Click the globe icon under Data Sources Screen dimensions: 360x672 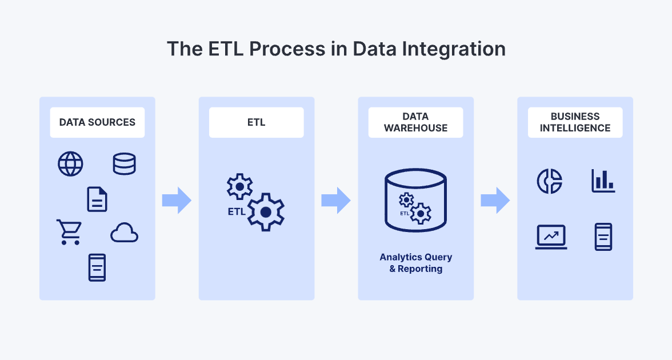click(x=70, y=165)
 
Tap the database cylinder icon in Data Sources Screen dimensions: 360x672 click(x=124, y=165)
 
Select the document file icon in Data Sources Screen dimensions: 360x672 click(x=97, y=199)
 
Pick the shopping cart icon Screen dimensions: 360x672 click(x=69, y=232)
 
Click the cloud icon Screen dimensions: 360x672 click(x=125, y=233)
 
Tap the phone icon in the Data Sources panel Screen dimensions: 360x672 click(x=97, y=267)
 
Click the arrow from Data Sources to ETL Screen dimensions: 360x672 click(x=177, y=200)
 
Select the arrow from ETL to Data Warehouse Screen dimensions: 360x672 click(x=336, y=200)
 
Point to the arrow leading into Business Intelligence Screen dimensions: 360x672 click(x=495, y=200)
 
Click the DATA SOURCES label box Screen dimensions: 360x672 click(x=97, y=122)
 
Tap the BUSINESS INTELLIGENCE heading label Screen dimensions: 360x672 click(x=575, y=122)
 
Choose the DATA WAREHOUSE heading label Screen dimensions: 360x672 click(x=415, y=122)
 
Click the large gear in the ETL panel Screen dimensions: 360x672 click(x=265, y=212)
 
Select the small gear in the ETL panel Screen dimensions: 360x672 click(x=239, y=186)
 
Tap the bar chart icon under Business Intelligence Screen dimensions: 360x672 click(x=603, y=181)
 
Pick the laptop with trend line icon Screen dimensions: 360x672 click(x=551, y=237)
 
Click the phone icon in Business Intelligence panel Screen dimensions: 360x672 click(x=603, y=237)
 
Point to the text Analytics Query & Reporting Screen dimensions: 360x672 click(x=415, y=263)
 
